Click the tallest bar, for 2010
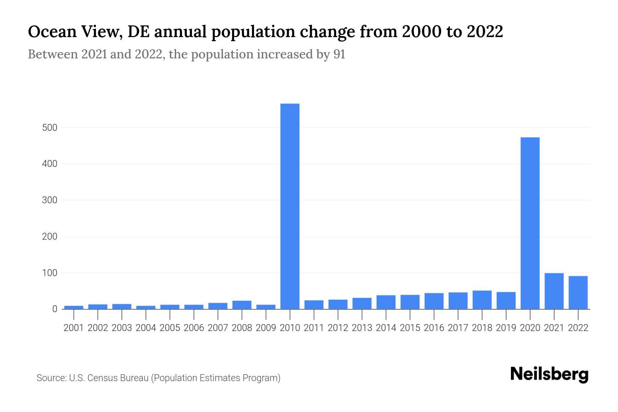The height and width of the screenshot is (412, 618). (290, 206)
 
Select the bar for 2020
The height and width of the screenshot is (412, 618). (530, 223)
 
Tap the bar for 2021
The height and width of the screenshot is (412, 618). (554, 291)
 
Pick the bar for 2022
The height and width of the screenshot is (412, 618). (578, 293)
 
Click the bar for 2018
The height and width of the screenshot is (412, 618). (482, 300)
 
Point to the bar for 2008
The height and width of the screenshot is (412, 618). (242, 305)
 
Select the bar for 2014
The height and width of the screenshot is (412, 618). (386, 302)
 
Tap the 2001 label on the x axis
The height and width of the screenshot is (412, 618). (74, 328)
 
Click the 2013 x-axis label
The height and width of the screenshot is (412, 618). (362, 328)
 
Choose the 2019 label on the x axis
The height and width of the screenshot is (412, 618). (506, 328)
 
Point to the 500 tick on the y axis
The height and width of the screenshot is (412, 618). (49, 128)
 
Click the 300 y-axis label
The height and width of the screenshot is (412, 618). (49, 200)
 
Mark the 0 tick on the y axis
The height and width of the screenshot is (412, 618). (55, 309)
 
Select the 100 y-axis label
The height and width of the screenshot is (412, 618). (49, 273)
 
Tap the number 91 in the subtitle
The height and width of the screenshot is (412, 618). (339, 54)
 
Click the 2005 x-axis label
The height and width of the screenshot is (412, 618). (170, 328)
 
